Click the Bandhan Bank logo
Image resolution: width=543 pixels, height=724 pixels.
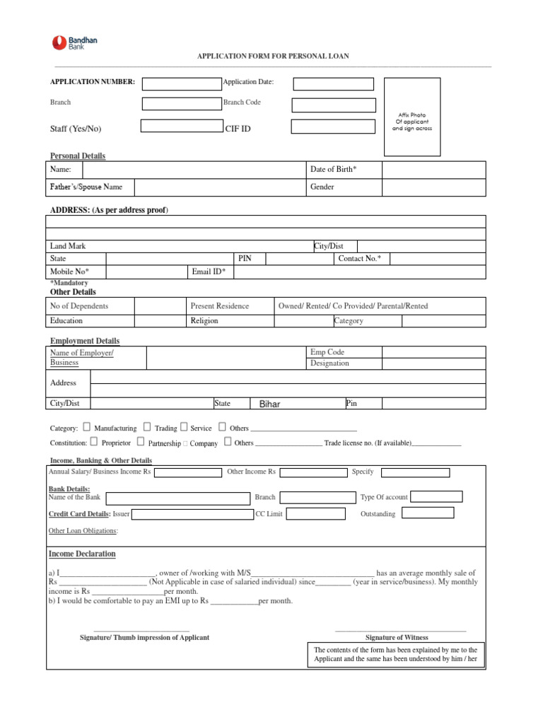click(x=74, y=43)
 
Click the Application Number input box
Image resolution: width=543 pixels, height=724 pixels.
click(x=182, y=83)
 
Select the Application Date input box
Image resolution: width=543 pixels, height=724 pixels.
click(x=333, y=84)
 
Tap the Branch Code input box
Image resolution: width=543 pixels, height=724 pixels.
click(x=334, y=105)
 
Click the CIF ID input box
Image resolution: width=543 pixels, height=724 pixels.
click(x=333, y=127)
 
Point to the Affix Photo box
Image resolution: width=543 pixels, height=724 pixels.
click(x=411, y=117)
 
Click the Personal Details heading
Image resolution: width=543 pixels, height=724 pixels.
click(x=78, y=156)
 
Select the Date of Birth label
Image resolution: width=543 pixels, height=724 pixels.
click(x=334, y=170)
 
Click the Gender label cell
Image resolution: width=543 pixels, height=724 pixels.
click(x=322, y=187)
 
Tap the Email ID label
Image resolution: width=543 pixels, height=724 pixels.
click(x=209, y=271)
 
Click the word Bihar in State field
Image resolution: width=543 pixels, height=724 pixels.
click(x=270, y=404)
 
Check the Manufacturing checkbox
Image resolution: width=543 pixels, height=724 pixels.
click(x=86, y=427)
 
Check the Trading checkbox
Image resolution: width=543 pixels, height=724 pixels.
click(x=147, y=427)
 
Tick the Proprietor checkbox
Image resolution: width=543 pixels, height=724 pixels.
click(x=94, y=442)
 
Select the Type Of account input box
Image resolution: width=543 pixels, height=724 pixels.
click(x=436, y=496)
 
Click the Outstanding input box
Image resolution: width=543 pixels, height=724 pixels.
click(x=436, y=514)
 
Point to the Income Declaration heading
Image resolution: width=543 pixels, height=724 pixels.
click(x=82, y=554)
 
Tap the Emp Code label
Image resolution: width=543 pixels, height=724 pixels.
click(x=327, y=352)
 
